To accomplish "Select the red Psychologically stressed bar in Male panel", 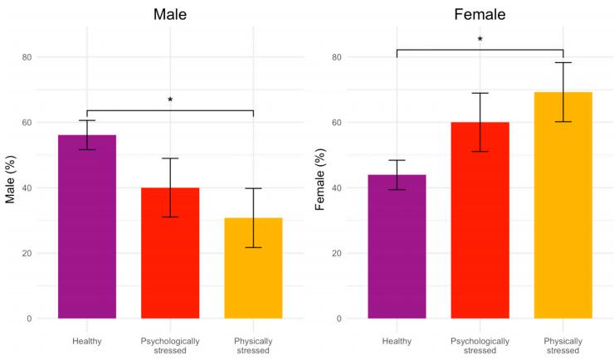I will [x=170, y=253].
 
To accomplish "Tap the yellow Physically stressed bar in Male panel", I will [x=253, y=268].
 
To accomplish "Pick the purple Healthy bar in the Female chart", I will [x=397, y=246].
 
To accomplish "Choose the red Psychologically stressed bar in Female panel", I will [x=480, y=220].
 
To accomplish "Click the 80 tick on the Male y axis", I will [x=27, y=57].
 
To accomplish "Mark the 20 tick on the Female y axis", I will [x=337, y=253].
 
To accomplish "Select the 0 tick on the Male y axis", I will [x=30, y=319].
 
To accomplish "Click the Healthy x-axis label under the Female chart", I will [x=397, y=340].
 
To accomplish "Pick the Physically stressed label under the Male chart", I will [x=253, y=345].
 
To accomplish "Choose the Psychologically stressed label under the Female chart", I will [x=480, y=345].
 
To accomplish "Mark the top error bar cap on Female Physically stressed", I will [x=563, y=63].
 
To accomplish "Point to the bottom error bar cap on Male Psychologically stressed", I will [x=170, y=216].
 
